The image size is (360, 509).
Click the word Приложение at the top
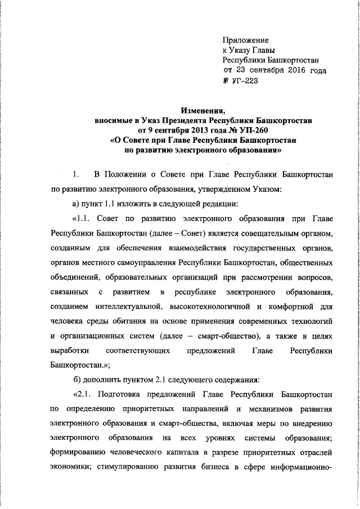click(246, 40)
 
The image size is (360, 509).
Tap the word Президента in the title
click(179, 120)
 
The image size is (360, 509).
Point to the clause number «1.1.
click(81, 218)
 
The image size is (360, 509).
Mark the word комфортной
click(290, 307)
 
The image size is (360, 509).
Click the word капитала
click(174, 453)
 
